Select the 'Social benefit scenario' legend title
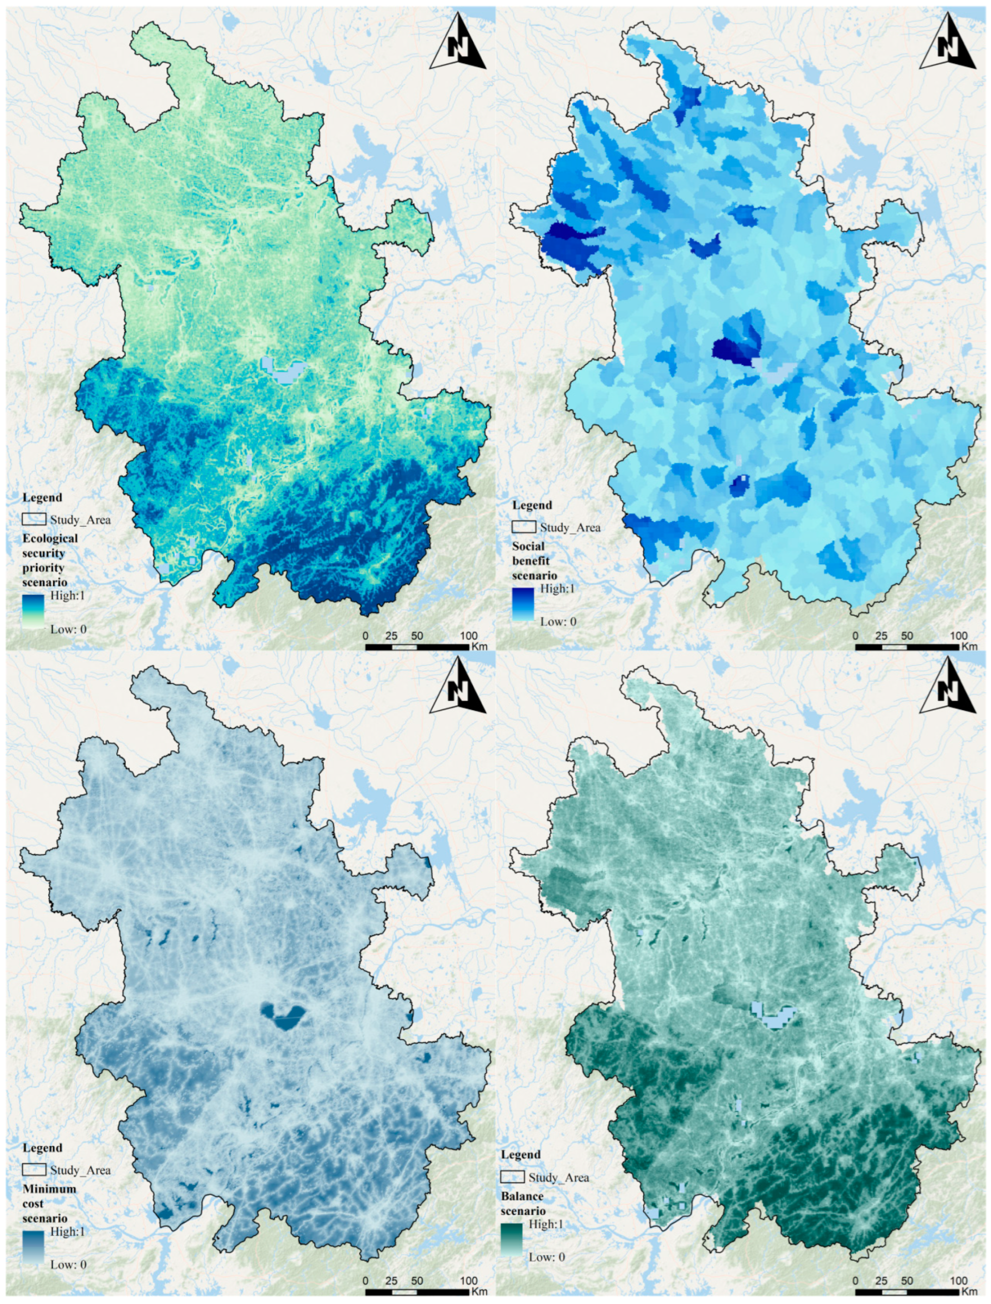click(x=534, y=561)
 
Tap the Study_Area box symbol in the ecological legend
click(x=34, y=519)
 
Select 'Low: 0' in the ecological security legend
click(x=68, y=629)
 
